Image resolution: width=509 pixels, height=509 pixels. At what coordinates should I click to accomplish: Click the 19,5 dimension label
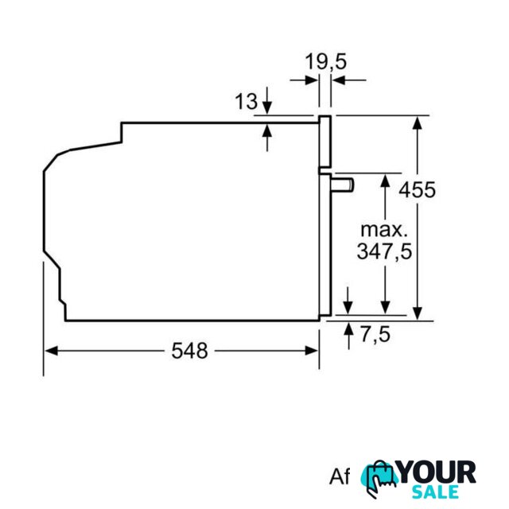(325, 62)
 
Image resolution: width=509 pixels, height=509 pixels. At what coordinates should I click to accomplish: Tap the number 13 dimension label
(246, 101)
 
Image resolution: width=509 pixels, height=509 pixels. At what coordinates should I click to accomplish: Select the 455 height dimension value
(417, 189)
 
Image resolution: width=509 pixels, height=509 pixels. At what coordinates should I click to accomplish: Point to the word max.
(384, 230)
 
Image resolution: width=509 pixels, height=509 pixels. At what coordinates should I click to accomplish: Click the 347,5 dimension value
(384, 251)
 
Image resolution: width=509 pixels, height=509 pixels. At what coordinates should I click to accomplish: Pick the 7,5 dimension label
(375, 334)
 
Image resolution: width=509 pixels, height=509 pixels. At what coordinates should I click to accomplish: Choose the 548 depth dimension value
(189, 351)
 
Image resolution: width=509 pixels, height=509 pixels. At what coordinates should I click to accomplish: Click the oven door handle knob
(343, 185)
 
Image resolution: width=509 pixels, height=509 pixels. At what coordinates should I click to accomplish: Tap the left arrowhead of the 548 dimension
(51, 351)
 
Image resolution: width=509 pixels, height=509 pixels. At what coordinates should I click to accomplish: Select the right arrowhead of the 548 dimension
(312, 351)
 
